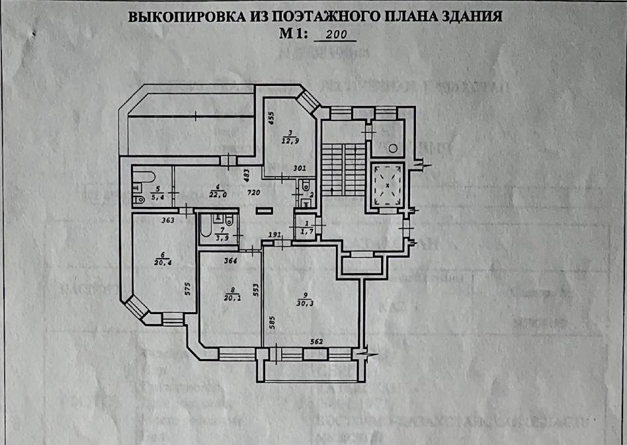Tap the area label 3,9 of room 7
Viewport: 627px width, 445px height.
[224, 237]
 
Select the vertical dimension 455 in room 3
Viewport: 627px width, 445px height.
[271, 118]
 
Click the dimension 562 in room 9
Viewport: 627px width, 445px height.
[317, 342]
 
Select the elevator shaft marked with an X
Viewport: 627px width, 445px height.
[387, 184]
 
